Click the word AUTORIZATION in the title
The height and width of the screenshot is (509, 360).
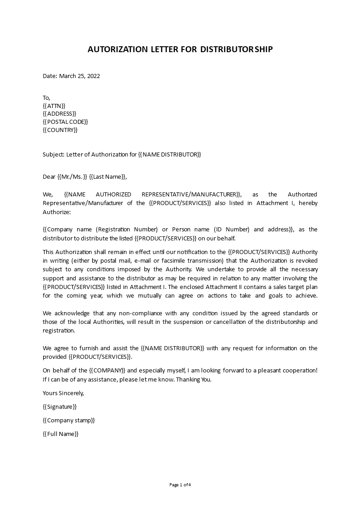115,49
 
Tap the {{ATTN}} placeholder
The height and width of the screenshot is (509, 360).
54,106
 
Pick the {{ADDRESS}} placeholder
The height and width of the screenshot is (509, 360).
59,114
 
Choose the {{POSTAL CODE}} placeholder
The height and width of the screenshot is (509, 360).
65,122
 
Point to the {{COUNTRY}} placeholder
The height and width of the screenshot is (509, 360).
60,130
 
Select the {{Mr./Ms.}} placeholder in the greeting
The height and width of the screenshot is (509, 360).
72,177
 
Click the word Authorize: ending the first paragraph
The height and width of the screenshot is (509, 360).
57,211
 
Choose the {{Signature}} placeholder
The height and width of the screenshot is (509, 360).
59,407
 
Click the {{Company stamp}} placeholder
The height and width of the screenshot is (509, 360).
69,421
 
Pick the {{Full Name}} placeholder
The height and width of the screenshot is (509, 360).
60,434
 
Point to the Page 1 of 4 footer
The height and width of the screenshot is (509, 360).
180,485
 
